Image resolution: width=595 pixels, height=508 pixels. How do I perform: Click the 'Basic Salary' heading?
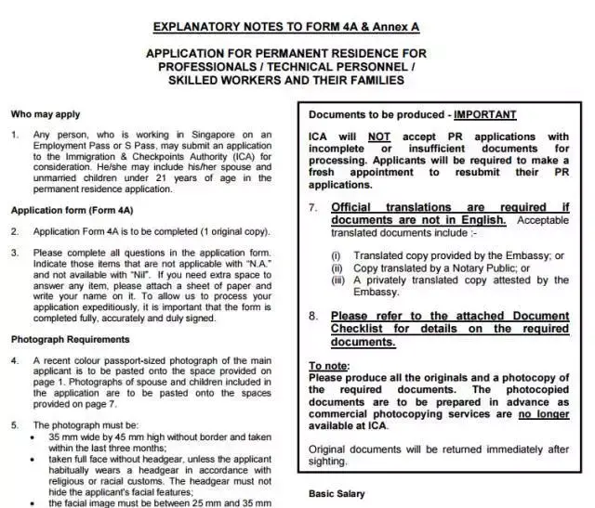[337, 493]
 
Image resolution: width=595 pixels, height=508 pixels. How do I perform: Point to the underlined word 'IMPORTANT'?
[484, 115]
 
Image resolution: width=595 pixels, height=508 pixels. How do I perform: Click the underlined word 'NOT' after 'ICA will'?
[378, 137]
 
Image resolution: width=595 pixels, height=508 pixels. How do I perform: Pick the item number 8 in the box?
[313, 316]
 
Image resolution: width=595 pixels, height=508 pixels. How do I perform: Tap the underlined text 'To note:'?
[329, 366]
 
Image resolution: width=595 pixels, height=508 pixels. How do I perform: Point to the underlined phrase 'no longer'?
[543, 414]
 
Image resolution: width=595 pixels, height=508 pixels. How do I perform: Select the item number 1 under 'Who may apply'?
[14, 135]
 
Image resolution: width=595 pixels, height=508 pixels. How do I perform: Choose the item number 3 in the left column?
[14, 253]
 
